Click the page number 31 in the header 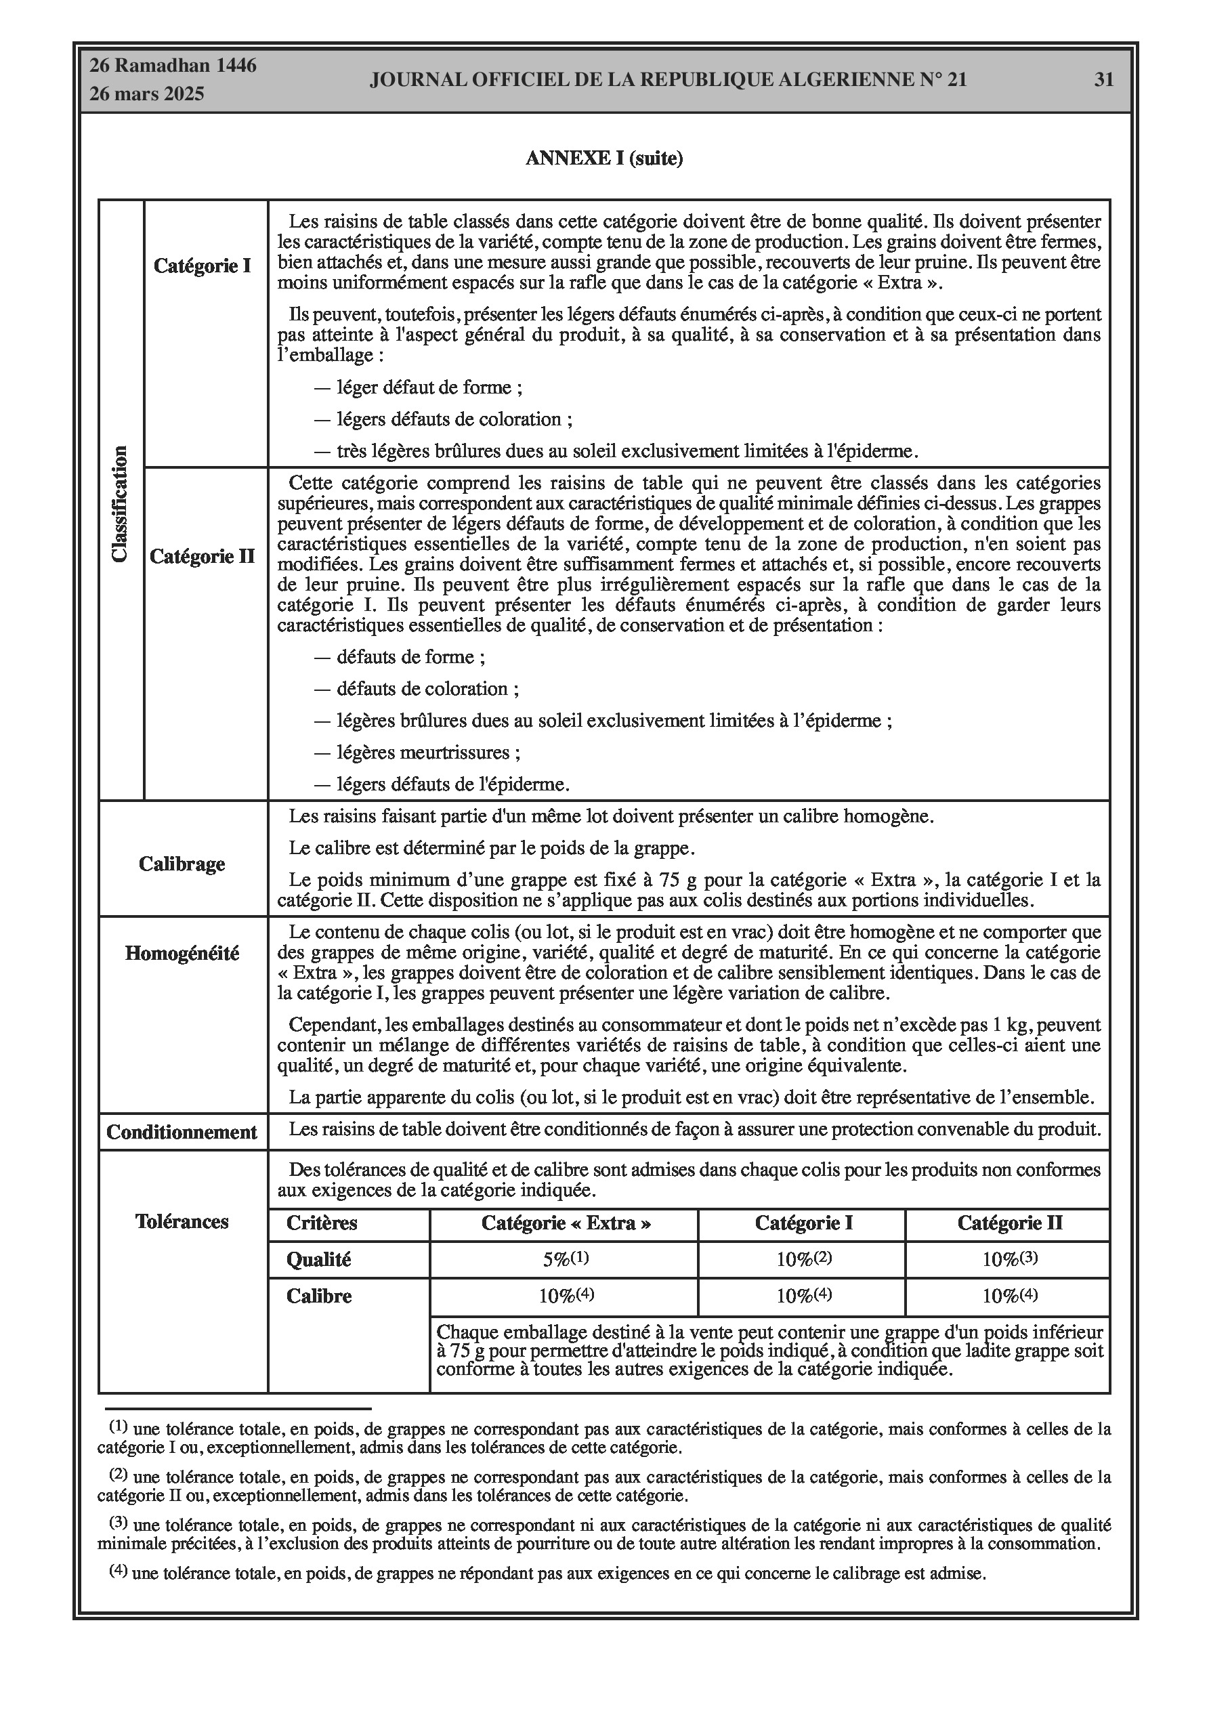(1103, 80)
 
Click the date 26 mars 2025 (147, 95)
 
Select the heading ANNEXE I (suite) (603, 159)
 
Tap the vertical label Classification (120, 504)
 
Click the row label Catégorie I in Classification (202, 266)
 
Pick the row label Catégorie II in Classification (202, 557)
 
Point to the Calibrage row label (182, 864)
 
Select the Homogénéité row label (182, 954)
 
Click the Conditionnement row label (182, 1133)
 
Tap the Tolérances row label (182, 1222)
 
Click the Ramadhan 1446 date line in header (173, 66)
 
